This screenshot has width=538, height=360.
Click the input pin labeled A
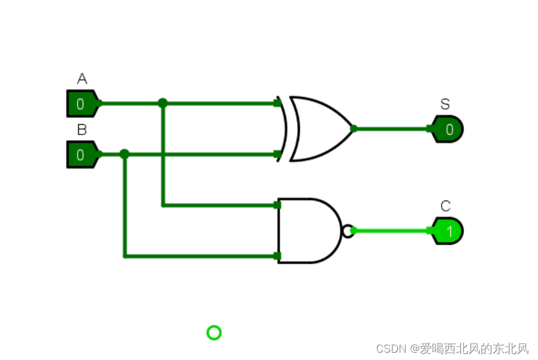[81, 104]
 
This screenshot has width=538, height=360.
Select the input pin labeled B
[81, 155]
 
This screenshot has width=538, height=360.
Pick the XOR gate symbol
[318, 128]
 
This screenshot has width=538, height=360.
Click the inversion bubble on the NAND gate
[347, 230]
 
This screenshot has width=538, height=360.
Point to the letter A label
[82, 79]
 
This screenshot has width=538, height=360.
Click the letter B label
[82, 130]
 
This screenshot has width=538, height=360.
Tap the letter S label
[445, 104]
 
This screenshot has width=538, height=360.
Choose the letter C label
[446, 206]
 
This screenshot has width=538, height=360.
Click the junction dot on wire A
[163, 103]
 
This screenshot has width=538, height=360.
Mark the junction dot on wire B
[124, 154]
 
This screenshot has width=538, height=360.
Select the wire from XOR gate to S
[391, 128]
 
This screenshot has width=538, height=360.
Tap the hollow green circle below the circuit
[214, 333]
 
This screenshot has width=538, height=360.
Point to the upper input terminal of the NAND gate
[277, 205]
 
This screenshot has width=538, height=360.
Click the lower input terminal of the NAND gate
[277, 256]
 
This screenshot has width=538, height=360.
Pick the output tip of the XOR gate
[354, 128]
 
